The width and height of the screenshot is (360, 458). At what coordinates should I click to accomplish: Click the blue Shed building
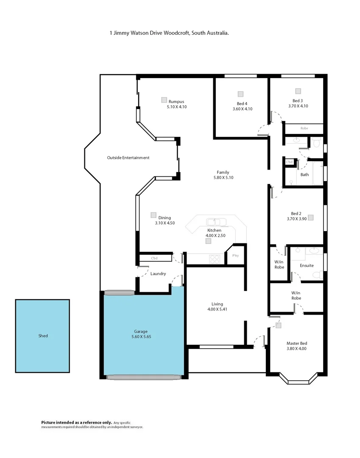click(x=42, y=336)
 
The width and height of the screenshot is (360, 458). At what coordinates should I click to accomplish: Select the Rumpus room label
click(x=177, y=101)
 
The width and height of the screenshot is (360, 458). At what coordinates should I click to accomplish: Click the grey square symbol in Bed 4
click(x=240, y=94)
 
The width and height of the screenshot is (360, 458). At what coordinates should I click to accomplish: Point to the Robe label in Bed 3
click(x=304, y=128)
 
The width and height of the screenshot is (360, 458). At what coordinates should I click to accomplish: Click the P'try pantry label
click(x=236, y=256)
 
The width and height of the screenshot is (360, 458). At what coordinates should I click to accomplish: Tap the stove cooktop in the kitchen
click(x=215, y=259)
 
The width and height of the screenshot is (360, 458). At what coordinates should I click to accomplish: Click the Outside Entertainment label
click(x=128, y=158)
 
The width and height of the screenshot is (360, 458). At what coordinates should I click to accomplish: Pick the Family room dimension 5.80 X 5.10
click(x=223, y=178)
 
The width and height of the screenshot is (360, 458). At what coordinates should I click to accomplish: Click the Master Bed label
click(x=297, y=343)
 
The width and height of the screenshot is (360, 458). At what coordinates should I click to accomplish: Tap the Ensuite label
click(x=307, y=265)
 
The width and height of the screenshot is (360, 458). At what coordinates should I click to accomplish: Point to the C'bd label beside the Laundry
click(x=154, y=258)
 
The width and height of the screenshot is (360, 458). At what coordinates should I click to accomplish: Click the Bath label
click(x=304, y=174)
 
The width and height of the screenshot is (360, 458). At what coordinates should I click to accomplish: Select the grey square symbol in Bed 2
click(x=310, y=217)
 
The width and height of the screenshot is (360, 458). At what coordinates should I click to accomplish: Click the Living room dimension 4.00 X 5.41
click(x=217, y=309)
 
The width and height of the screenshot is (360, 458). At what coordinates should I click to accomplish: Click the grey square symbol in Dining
click(x=153, y=215)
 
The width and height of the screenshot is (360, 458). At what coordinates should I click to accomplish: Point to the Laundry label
click(x=158, y=274)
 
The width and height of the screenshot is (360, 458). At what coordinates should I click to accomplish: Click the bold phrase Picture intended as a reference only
click(x=76, y=422)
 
